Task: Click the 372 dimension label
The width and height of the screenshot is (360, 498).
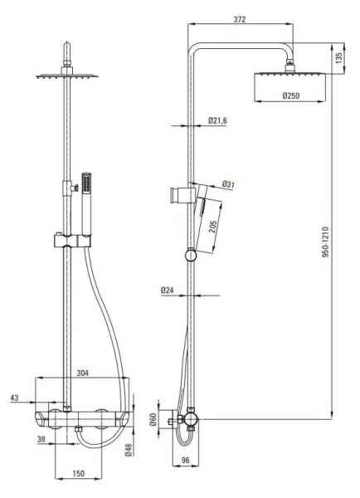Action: click(x=240, y=19)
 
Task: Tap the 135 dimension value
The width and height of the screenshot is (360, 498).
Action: click(x=338, y=57)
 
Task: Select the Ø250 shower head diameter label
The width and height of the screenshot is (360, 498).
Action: click(x=291, y=95)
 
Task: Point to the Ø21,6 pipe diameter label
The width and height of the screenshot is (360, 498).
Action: click(x=217, y=120)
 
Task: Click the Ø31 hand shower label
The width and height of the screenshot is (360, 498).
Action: click(x=228, y=184)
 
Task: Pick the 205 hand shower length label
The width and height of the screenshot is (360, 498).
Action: click(x=213, y=227)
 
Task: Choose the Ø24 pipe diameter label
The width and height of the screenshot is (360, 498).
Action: click(x=168, y=290)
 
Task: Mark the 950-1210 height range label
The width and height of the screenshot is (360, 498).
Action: click(x=326, y=242)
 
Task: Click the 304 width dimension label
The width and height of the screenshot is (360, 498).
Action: click(x=83, y=373)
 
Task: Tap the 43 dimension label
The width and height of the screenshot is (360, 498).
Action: click(x=15, y=398)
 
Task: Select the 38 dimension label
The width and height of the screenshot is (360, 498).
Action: click(x=41, y=439)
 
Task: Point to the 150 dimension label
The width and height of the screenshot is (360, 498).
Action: click(x=79, y=474)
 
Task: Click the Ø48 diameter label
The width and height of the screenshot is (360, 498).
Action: click(x=129, y=450)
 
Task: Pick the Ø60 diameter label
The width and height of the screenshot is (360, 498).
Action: click(x=153, y=419)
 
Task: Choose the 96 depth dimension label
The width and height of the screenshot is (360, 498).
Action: click(x=186, y=460)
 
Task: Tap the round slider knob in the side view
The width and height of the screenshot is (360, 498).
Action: click(x=191, y=255)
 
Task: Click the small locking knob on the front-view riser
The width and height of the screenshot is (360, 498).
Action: click(x=75, y=188)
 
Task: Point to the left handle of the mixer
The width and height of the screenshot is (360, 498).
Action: click(x=41, y=420)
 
